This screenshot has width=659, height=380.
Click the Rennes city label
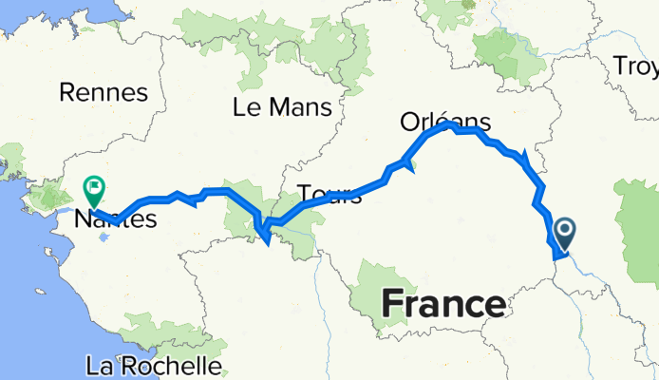point(104,92)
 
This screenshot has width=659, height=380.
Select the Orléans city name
point(445,122)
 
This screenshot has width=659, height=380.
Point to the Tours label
point(329,195)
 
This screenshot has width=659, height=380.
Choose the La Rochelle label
point(153,366)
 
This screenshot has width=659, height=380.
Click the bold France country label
point(443,305)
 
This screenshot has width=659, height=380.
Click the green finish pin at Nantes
point(95,189)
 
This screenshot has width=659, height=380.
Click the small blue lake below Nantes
point(103,233)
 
